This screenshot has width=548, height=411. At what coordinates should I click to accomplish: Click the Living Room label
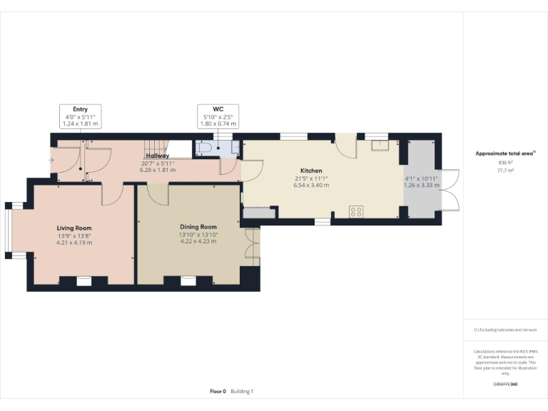[74, 228]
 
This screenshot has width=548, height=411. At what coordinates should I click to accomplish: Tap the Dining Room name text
[198, 227]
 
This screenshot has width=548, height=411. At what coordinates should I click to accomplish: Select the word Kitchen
[310, 171]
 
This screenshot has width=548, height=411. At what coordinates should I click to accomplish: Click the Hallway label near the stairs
[157, 156]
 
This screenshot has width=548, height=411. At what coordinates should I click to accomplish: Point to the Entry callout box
[80, 117]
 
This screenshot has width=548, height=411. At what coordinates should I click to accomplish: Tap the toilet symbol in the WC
[204, 148]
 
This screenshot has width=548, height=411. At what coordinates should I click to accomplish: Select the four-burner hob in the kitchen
[355, 210]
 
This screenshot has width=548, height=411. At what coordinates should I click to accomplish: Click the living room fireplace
[84, 280]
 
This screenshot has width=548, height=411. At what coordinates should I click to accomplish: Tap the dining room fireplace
[188, 280]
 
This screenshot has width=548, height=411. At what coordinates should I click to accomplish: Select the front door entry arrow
[51, 159]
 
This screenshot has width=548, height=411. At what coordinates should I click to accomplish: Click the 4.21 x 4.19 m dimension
[74, 243]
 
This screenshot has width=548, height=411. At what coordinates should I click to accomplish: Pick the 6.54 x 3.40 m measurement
[310, 186]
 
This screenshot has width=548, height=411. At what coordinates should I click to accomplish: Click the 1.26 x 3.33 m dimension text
[421, 186]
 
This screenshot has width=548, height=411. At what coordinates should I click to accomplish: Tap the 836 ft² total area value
[505, 163]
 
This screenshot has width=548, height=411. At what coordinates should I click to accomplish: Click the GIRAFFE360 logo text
[505, 385]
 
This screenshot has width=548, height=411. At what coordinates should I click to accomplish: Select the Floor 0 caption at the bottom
[218, 391]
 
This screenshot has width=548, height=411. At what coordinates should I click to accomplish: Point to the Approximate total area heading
[504, 153]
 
